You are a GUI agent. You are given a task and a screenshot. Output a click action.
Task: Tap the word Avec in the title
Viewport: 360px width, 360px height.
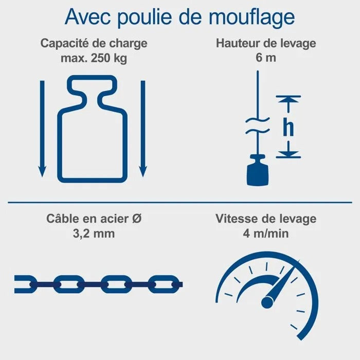click(x=87, y=17)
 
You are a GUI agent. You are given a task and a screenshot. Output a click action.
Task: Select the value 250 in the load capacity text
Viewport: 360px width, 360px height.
click(x=101, y=58)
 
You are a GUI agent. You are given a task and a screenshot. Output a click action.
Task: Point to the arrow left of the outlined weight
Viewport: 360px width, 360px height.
click(x=42, y=129)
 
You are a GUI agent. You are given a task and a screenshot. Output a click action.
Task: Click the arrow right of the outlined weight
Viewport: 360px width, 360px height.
click(x=143, y=129)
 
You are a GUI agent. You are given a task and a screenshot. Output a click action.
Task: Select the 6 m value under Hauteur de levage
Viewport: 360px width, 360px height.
click(x=266, y=58)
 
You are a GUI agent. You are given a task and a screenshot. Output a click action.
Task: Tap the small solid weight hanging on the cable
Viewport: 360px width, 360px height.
click(x=258, y=170)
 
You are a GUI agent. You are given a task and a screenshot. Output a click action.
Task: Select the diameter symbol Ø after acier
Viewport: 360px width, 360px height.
click(x=137, y=219)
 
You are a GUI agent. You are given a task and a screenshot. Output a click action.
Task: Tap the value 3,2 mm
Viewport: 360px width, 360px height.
click(x=94, y=233)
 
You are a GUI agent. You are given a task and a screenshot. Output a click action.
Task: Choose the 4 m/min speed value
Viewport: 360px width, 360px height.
click(x=266, y=233)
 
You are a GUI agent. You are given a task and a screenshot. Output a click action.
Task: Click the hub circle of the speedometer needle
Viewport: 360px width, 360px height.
click(x=267, y=302)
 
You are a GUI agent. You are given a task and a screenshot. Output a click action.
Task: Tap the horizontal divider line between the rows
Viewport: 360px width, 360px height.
click(x=180, y=203)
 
